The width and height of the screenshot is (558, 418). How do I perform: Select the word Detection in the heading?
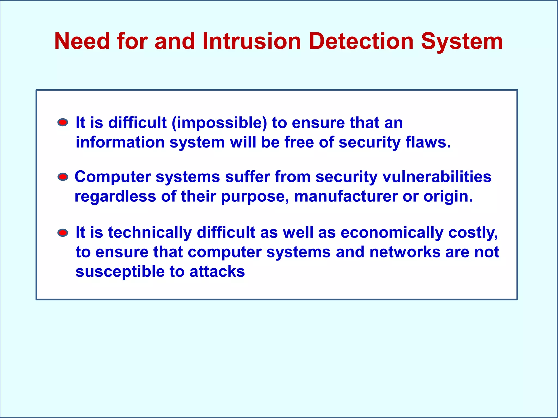(x=361, y=41)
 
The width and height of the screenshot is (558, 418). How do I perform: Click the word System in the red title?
(x=462, y=41)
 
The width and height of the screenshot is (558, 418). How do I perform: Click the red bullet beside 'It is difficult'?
(x=63, y=122)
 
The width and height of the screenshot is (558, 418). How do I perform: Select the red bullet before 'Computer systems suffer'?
(x=63, y=177)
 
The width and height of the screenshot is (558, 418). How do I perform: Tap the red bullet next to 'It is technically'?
(x=63, y=233)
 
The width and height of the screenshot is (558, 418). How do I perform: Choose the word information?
(x=120, y=142)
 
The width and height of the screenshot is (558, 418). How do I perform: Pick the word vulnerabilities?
(x=437, y=177)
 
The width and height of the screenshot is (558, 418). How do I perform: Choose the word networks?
(x=405, y=252)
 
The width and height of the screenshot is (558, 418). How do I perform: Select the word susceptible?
(x=120, y=272)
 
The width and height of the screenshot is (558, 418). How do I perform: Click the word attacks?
(x=217, y=272)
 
